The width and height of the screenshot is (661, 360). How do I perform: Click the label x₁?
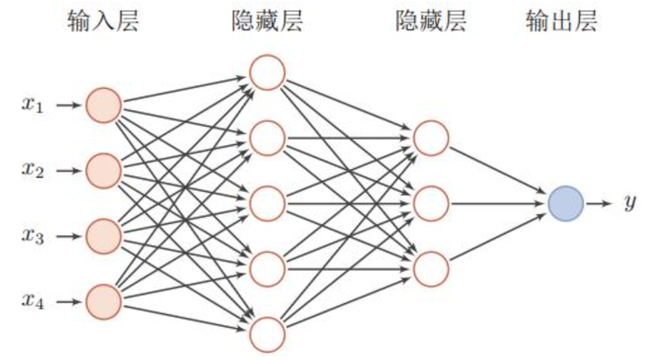[33, 105]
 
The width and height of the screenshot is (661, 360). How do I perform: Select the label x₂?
[33, 170]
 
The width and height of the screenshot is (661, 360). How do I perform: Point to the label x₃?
[33, 236]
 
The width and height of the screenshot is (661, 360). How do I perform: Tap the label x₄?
[33, 301]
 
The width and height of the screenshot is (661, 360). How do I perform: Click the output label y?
[630, 202]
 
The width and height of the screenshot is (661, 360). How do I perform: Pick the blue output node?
[564, 202]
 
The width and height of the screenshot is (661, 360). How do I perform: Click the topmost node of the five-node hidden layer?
[266, 73]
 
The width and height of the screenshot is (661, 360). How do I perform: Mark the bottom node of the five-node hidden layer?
[266, 332]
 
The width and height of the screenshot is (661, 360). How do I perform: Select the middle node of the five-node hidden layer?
[266, 202]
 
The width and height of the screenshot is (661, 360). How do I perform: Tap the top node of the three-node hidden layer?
[430, 138]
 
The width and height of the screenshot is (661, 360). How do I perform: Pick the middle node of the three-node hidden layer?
[430, 202]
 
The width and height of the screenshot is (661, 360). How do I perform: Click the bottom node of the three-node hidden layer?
[430, 267]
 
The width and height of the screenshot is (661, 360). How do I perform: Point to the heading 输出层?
[563, 22]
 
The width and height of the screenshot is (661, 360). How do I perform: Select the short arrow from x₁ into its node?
[68, 105]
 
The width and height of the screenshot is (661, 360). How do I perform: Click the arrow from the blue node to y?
[599, 202]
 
